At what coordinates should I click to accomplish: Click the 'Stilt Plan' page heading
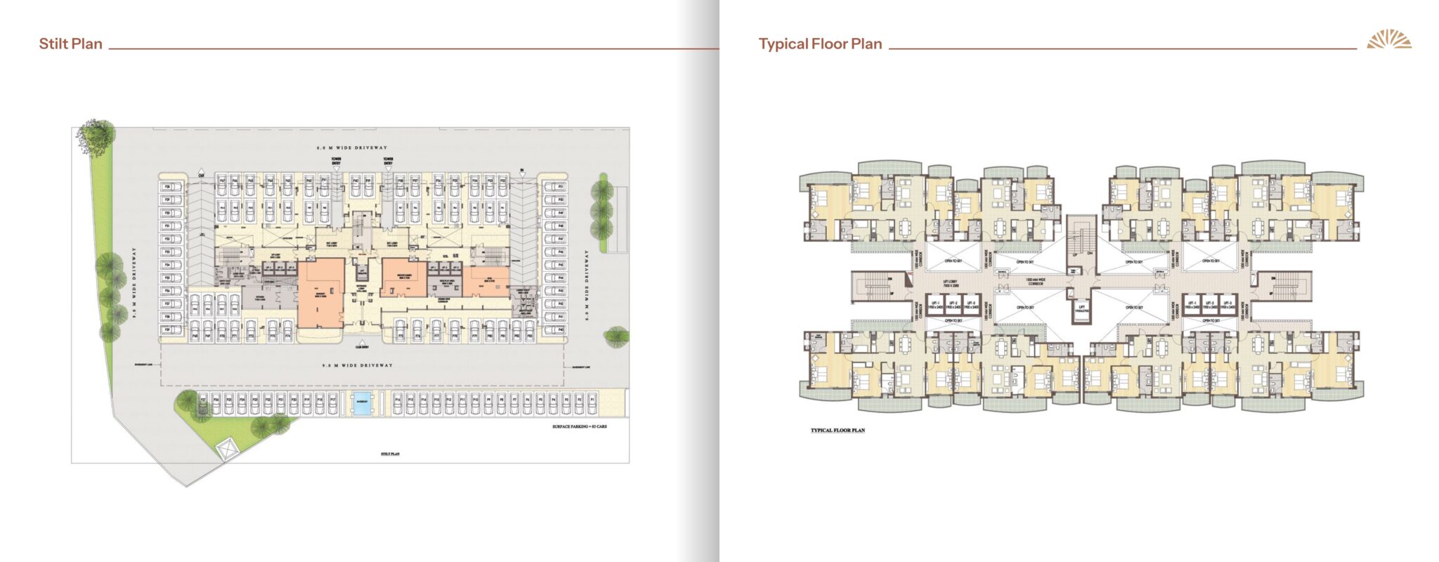[x=70, y=44]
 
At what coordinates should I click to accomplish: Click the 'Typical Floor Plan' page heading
[x=820, y=44]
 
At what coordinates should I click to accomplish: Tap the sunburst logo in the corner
[x=1388, y=40]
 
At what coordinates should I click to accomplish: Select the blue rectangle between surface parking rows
[x=362, y=405]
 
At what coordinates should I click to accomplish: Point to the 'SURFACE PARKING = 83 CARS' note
[x=579, y=426]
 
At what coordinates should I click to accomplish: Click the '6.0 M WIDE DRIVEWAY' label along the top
[x=351, y=148]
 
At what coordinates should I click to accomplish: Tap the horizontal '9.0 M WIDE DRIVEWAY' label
[x=357, y=365]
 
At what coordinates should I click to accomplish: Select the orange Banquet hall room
[x=320, y=292]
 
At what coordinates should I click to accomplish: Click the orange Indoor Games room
[x=404, y=277]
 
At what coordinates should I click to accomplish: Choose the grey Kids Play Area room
[x=447, y=281]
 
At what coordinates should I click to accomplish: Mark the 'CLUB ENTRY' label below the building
[x=362, y=346]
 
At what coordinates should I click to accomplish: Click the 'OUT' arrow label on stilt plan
[x=202, y=174]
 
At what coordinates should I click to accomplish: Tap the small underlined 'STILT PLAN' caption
[x=390, y=454]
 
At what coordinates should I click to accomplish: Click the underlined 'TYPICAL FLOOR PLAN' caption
[x=838, y=430]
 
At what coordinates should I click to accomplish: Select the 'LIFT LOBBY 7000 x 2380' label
[x=950, y=284]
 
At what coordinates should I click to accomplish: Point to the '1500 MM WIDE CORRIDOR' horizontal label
[x=1035, y=282]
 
